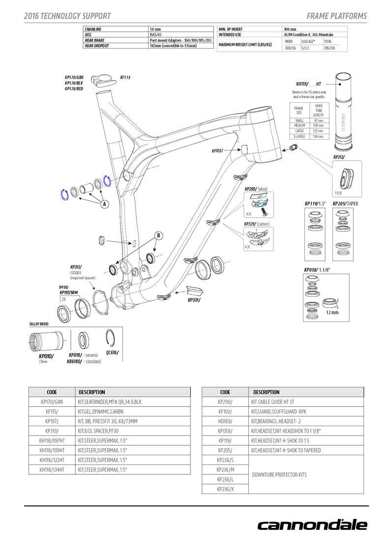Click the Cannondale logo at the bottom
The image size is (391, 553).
(x=312, y=524)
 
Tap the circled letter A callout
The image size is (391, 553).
(x=105, y=204)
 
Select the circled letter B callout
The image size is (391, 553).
(x=158, y=235)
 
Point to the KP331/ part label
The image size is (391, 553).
(x=194, y=299)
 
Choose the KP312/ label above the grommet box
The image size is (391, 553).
(x=339, y=157)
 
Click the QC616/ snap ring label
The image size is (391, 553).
(x=112, y=352)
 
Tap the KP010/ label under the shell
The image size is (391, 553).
(x=46, y=355)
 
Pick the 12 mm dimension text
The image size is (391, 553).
(x=332, y=312)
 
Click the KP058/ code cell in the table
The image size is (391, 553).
(x=225, y=431)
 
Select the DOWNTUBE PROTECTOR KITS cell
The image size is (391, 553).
(x=279, y=474)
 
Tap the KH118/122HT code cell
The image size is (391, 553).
(x=52, y=460)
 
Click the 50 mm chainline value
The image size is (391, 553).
(x=155, y=29)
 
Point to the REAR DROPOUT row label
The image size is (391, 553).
(x=96, y=46)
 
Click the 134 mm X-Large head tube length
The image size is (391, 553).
(x=318, y=136)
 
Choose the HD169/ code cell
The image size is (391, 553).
(x=225, y=421)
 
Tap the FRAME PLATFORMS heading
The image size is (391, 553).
(x=336, y=16)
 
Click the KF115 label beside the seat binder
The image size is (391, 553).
(x=125, y=77)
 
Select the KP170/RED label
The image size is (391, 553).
(x=74, y=89)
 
